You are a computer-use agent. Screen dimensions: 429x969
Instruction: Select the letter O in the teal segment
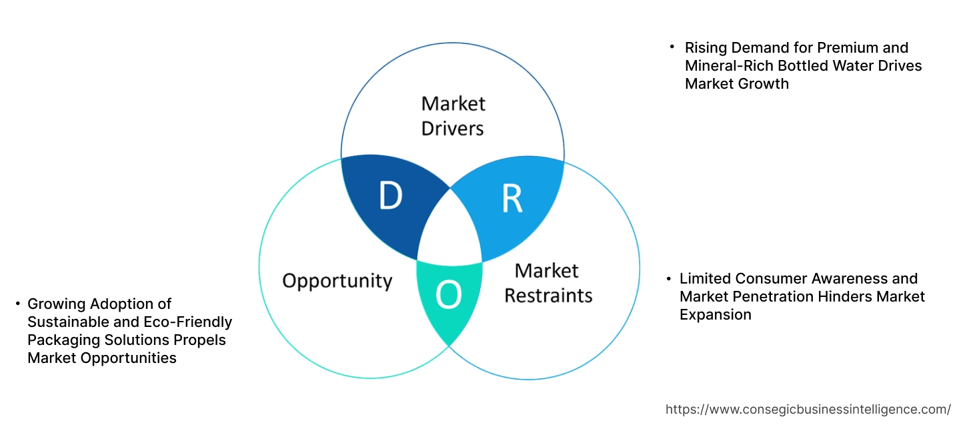(x=448, y=296)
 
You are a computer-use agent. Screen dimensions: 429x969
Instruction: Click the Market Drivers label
(x=453, y=115)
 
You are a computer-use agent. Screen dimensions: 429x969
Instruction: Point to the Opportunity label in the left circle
(x=337, y=280)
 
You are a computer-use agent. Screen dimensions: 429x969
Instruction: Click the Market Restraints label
(x=548, y=283)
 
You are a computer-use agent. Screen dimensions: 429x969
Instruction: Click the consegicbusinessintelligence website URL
(x=808, y=410)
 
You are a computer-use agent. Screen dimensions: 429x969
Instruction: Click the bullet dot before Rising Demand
(x=673, y=48)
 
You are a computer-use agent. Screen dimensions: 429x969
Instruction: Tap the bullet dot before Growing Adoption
(x=17, y=304)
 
